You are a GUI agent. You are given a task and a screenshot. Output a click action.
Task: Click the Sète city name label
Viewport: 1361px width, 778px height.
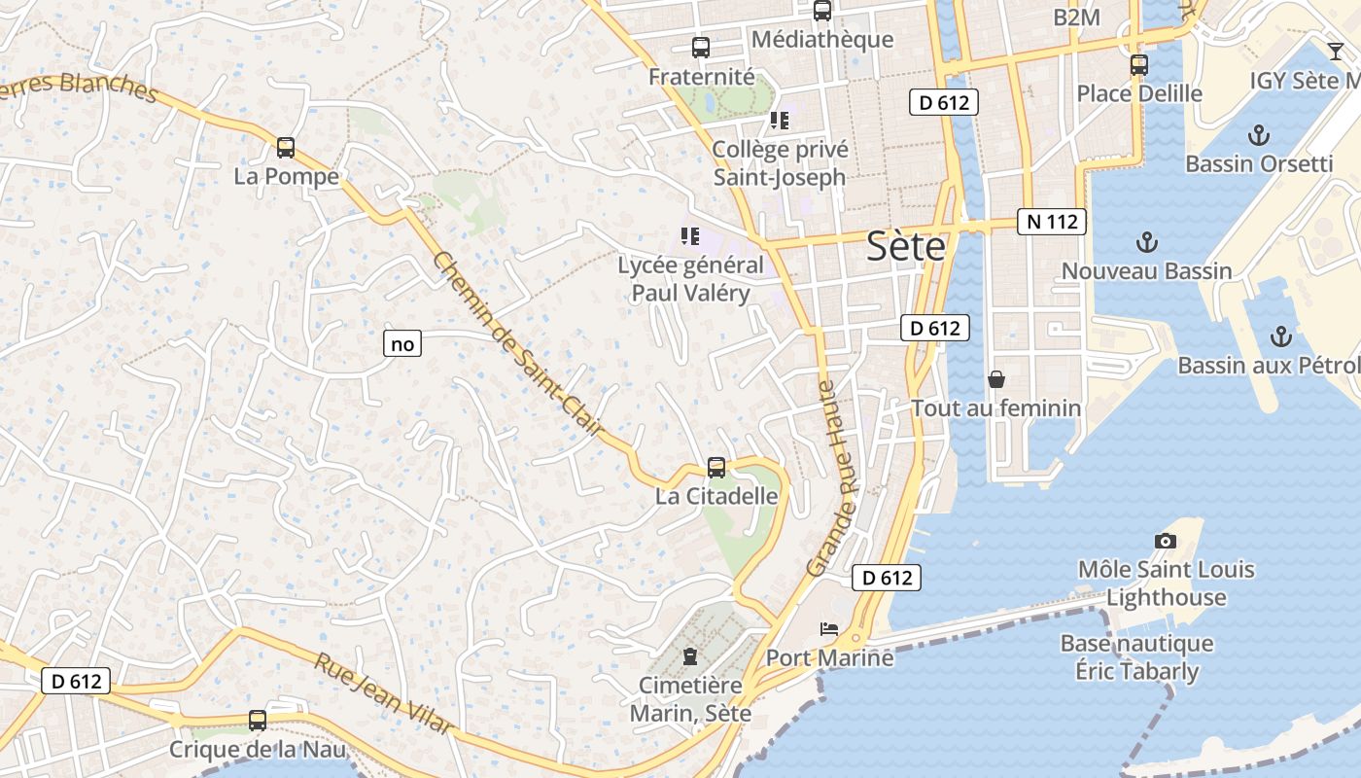tap(905, 247)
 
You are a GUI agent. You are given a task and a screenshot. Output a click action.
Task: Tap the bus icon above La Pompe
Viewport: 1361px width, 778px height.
tap(286, 148)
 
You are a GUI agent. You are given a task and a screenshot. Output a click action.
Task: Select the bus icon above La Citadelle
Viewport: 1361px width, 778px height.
tap(716, 467)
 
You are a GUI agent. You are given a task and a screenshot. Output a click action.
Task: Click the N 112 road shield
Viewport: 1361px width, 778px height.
tap(1051, 222)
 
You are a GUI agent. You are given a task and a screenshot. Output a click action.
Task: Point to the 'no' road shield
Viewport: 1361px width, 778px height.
tap(401, 343)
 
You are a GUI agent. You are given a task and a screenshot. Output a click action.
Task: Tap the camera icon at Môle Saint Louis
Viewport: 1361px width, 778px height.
tap(1165, 541)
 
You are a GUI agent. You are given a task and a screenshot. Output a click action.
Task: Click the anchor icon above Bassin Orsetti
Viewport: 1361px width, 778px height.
tap(1259, 134)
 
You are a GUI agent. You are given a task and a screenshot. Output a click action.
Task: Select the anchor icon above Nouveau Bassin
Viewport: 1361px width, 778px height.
tap(1147, 242)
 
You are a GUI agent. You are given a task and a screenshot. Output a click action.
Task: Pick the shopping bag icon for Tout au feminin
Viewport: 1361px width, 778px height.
tap(995, 378)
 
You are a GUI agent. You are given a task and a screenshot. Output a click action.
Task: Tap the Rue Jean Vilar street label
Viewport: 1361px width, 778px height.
tap(383, 693)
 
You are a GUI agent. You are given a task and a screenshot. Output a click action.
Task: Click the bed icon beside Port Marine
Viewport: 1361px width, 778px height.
tap(829, 629)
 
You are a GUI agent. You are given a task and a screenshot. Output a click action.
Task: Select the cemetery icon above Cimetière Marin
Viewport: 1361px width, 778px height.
tap(690, 656)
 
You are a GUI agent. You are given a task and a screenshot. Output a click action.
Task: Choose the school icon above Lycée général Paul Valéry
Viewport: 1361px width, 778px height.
tap(690, 236)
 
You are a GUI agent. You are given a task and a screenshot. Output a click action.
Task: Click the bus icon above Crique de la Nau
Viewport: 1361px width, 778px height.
tap(258, 721)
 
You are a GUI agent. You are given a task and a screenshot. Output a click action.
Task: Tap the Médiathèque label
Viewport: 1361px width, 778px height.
tap(822, 39)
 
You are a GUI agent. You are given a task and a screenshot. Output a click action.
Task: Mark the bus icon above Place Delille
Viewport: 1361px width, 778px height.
tap(1139, 65)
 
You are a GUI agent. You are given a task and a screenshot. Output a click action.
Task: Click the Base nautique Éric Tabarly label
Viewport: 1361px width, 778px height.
tap(1136, 657)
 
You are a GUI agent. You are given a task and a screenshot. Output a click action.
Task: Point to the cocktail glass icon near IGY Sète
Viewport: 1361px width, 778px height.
tap(1336, 52)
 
